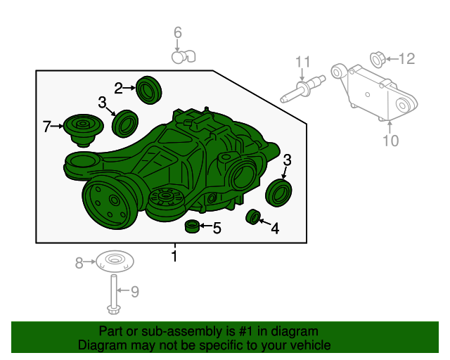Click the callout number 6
pyautogui.click(x=178, y=32)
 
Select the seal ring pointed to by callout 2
pyautogui.click(x=148, y=90)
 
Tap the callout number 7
pyautogui.click(x=46, y=127)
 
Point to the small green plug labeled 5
pyautogui.click(x=192, y=226)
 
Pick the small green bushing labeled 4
pyautogui.click(x=253, y=217)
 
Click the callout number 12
pyautogui.click(x=406, y=59)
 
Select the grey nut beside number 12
pyautogui.click(x=378, y=60)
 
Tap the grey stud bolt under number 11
pyautogui.click(x=303, y=89)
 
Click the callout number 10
pyautogui.click(x=391, y=141)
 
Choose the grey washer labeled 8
pyautogui.click(x=115, y=262)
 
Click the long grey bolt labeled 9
pyautogui.click(x=114, y=295)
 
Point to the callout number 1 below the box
pyautogui.click(x=174, y=256)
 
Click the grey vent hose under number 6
pyautogui.click(x=184, y=57)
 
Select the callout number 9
pyautogui.click(x=135, y=291)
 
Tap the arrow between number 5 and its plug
pyautogui.click(x=205, y=226)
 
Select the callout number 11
pyautogui.click(x=303, y=62)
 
